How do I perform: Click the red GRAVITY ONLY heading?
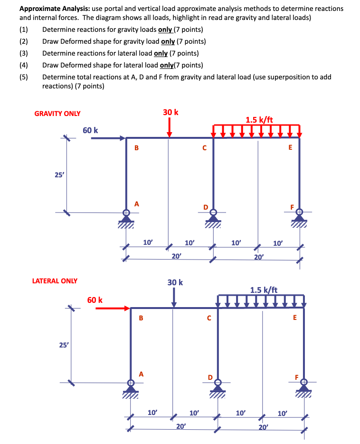57,114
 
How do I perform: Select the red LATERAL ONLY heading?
55,281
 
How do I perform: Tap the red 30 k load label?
171,112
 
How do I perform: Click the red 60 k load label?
95,300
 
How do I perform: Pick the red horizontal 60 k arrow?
113,309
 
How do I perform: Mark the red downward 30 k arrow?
170,128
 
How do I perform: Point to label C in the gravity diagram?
204,148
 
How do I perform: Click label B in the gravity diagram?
137,148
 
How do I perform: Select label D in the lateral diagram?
210,377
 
